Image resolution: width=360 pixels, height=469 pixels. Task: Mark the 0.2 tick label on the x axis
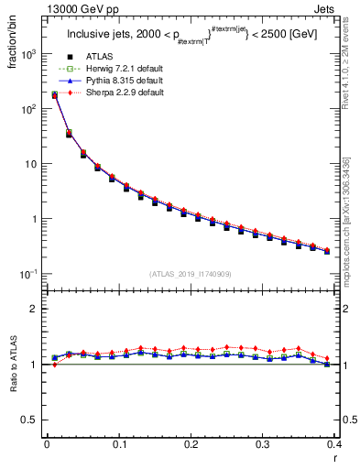point(191,445)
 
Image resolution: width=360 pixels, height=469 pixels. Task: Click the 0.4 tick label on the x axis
point(334,445)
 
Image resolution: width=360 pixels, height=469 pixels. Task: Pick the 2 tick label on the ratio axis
point(35,309)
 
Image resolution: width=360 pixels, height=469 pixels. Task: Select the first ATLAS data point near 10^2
point(54,94)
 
